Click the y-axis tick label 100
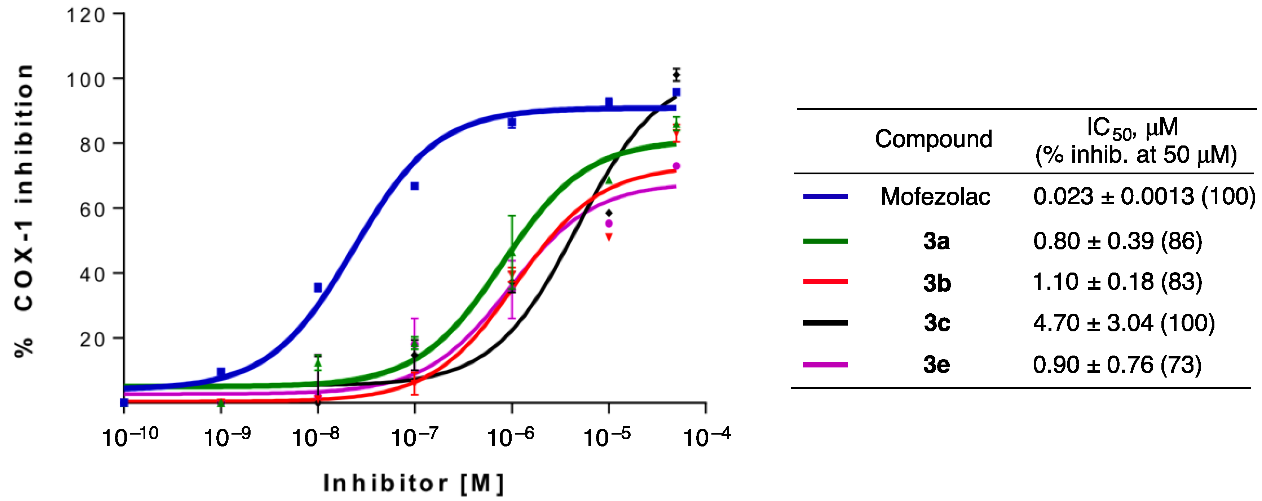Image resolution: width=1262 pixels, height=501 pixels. pos(86,79)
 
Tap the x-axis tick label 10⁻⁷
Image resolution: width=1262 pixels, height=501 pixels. pos(414,436)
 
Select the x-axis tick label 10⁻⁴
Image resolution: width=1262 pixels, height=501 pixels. pos(706,436)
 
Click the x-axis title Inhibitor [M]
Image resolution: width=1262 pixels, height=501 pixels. pos(414,483)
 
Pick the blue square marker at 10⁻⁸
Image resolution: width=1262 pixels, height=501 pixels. pos(318,288)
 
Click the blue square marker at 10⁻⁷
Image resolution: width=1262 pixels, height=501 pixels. pos(414,186)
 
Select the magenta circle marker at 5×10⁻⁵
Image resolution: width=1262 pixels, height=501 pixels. pos(676,166)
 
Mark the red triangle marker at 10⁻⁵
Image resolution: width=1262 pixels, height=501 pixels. pos(609,237)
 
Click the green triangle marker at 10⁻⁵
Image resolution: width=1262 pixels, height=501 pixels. pos(609,180)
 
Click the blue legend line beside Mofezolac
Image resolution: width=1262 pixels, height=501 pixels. pos(825,197)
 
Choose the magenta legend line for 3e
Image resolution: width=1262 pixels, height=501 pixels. pos(825,365)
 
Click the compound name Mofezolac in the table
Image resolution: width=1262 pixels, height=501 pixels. pos(935,197)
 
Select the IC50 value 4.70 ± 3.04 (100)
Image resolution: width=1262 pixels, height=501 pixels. pos(1124,323)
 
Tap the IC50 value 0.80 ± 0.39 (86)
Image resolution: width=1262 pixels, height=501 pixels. pos(1117,241)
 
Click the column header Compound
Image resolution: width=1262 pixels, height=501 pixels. pos(933,139)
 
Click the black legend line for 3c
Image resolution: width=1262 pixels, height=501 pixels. pos(825,323)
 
